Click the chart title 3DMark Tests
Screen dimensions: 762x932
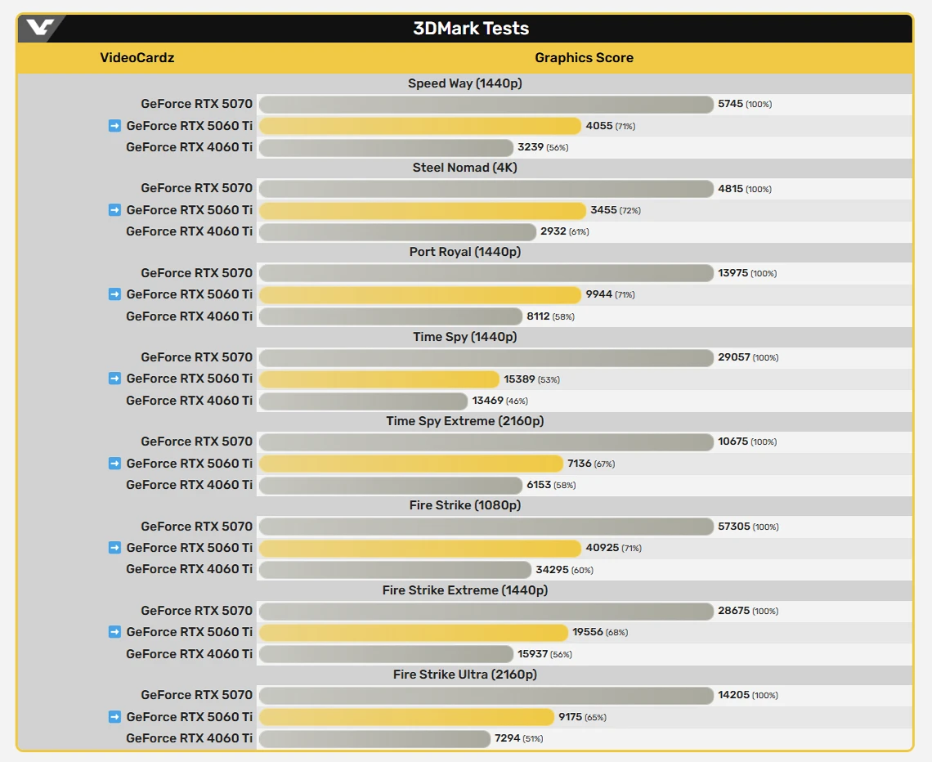point(471,29)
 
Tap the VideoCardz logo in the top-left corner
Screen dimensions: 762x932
point(39,29)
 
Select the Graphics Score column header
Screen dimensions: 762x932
point(584,58)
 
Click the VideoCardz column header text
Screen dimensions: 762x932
point(137,58)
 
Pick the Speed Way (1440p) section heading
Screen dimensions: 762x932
point(464,83)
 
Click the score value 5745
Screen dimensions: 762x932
point(731,105)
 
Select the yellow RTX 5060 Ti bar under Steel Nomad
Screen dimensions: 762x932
point(422,211)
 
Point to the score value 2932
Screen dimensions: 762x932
point(553,232)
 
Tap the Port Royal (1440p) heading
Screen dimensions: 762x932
point(464,252)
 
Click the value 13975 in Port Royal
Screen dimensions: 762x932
point(733,273)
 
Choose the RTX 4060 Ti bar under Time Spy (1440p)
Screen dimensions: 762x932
point(363,401)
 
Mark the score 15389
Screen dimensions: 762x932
point(519,379)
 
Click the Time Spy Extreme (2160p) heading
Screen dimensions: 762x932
point(464,421)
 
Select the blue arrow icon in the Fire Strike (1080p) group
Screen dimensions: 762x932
point(114,548)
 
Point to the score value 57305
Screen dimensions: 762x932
point(734,527)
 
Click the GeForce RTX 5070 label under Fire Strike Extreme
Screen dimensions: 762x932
point(196,611)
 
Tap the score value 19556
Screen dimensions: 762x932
point(589,632)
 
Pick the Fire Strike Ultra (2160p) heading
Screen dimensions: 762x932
point(464,675)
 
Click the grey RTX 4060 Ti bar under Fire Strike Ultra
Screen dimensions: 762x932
point(374,739)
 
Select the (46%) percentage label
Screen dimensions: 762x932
point(517,401)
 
